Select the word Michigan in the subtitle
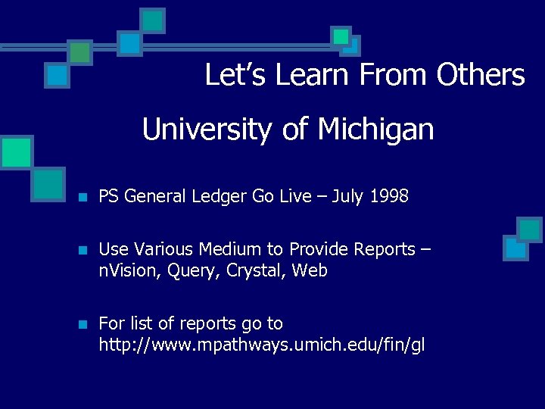376,130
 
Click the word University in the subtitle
199,130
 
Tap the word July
347,197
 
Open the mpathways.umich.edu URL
262,346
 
